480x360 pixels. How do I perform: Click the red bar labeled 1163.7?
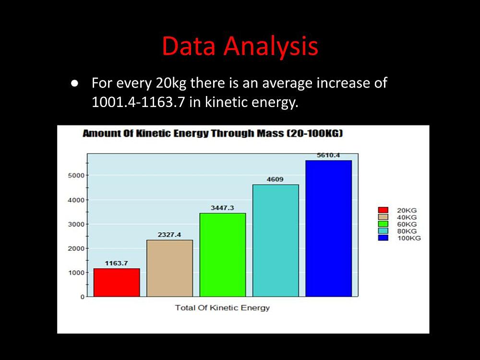click(x=117, y=283)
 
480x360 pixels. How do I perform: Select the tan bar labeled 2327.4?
click(x=169, y=268)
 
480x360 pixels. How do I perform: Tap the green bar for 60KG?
click(x=223, y=255)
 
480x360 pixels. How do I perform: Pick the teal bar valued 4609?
click(x=276, y=240)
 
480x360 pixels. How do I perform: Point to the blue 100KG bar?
click(x=328, y=228)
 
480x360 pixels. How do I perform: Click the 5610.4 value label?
click(x=328, y=156)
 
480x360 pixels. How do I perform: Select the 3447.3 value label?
click(x=222, y=208)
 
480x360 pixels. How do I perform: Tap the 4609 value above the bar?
click(x=275, y=180)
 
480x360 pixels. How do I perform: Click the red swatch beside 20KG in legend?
click(x=383, y=210)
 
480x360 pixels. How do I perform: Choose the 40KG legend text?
click(x=407, y=217)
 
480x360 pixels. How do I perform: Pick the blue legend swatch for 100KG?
click(x=383, y=238)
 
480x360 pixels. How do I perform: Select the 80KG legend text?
click(x=407, y=231)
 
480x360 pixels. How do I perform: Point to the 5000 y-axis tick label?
click(x=76, y=176)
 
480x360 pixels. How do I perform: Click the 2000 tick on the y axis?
click(x=76, y=249)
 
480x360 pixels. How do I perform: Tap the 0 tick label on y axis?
click(x=83, y=297)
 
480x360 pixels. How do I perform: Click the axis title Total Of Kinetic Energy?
click(x=222, y=308)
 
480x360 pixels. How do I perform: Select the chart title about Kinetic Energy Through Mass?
click(x=213, y=134)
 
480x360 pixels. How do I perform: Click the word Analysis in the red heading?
click(x=271, y=47)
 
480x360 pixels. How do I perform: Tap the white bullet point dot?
click(x=75, y=84)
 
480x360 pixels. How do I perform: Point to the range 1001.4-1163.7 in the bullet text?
click(x=138, y=102)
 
